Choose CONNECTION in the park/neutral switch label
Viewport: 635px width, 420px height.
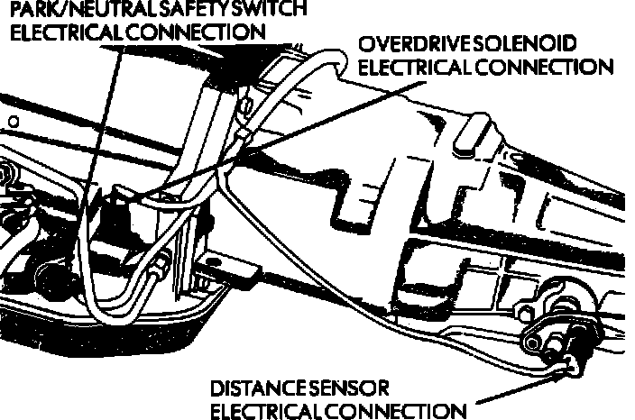(201, 32)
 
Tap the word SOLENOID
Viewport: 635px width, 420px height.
(542, 45)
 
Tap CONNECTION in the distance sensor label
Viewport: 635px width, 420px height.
(400, 411)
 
